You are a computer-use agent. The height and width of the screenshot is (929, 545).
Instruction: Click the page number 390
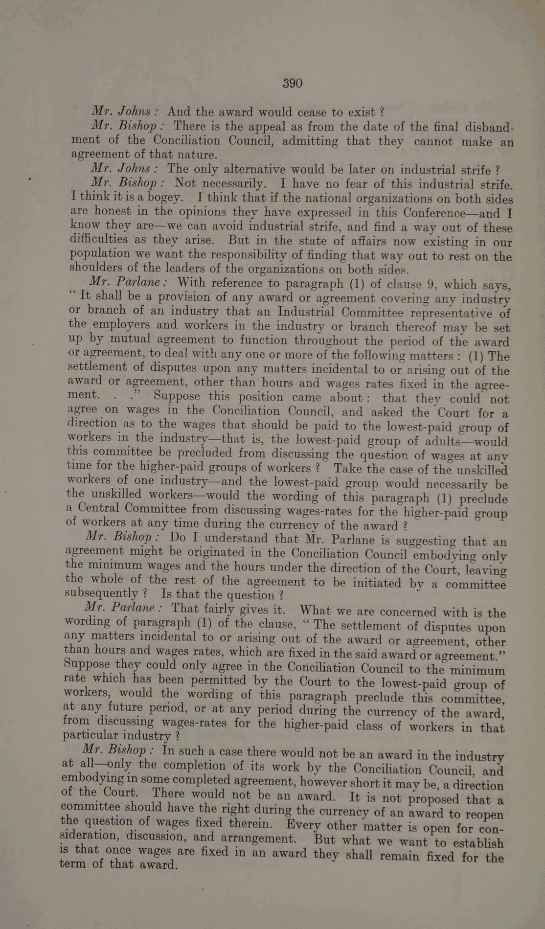(293, 84)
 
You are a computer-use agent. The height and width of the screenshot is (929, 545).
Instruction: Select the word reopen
(482, 815)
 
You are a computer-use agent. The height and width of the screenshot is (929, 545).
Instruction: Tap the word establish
(475, 843)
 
